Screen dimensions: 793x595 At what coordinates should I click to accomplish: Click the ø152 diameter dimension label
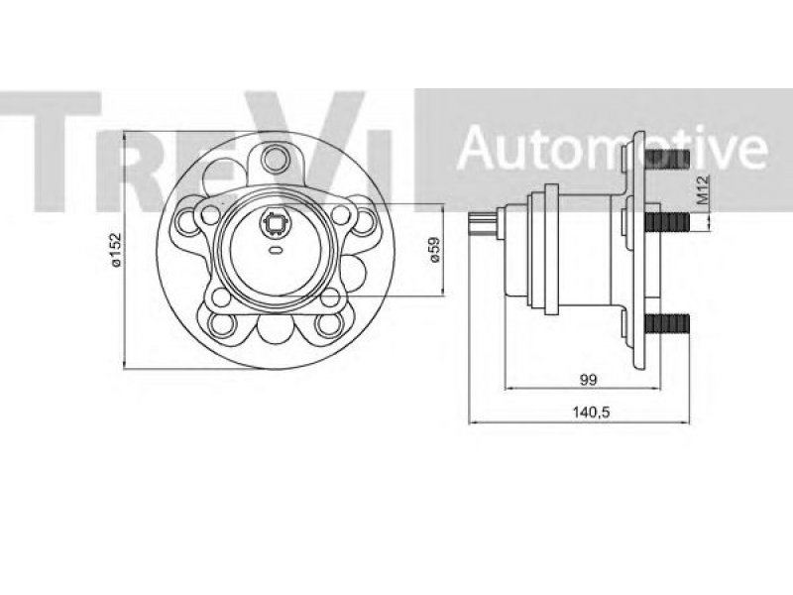click(x=116, y=249)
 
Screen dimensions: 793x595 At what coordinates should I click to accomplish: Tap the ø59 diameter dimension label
click(x=435, y=250)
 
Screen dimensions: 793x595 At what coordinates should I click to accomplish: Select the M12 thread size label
click(x=703, y=189)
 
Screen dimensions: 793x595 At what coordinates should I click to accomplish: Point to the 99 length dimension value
click(x=588, y=380)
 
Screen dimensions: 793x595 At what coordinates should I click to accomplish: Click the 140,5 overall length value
click(x=591, y=413)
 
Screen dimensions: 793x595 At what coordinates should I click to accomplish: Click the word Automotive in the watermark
click(x=612, y=147)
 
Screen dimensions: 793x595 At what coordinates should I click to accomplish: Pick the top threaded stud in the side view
click(x=667, y=159)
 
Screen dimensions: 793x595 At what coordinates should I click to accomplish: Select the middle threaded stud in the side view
click(x=667, y=221)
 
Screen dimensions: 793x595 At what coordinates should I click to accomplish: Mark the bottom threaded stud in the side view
click(x=667, y=324)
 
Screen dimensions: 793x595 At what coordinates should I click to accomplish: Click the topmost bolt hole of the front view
click(x=276, y=159)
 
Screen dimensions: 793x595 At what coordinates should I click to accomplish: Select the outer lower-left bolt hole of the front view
click(x=222, y=324)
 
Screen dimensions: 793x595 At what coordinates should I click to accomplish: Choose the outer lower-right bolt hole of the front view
click(x=328, y=324)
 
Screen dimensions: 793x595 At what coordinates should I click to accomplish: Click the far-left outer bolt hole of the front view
click(x=186, y=221)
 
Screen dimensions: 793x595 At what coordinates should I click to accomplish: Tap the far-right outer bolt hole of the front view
click(x=364, y=221)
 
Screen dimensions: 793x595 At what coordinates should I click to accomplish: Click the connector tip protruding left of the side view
click(x=482, y=225)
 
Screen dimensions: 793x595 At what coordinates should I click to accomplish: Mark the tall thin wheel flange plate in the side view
click(x=639, y=250)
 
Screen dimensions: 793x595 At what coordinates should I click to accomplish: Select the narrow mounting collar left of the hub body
click(x=551, y=250)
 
